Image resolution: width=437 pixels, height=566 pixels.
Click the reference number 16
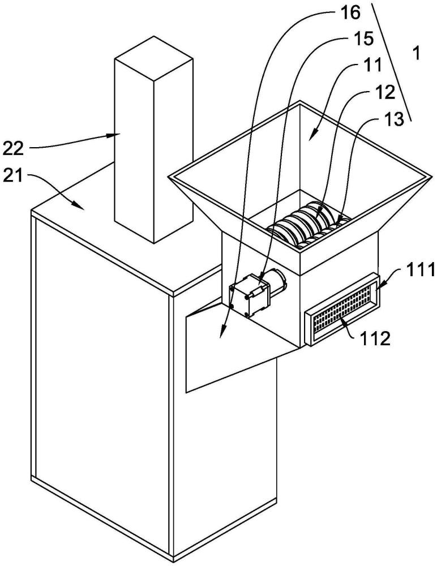[350, 12]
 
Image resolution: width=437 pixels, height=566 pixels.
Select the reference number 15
[363, 39]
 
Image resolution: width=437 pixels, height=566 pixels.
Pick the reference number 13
[393, 119]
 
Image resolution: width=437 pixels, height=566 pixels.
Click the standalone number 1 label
[417, 54]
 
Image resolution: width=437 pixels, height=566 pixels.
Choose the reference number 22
[14, 148]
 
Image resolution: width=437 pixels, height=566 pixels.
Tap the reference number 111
[421, 269]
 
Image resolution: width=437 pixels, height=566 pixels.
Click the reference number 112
[375, 338]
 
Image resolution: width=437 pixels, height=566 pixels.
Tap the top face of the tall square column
[153, 57]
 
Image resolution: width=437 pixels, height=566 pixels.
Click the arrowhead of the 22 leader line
[116, 135]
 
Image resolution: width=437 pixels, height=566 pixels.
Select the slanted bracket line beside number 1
[391, 61]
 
